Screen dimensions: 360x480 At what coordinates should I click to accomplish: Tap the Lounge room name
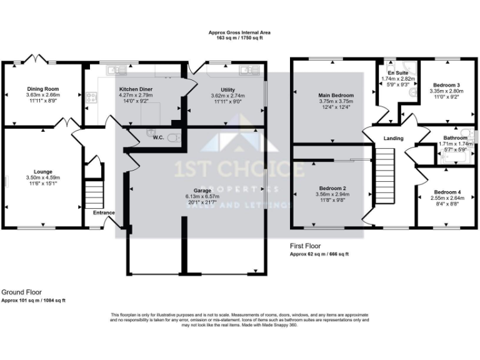[x=43, y=171]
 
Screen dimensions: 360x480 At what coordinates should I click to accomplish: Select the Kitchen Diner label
[x=136, y=89]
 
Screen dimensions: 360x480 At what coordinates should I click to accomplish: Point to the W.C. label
[x=159, y=137]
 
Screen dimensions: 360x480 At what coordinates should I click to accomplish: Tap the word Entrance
[x=104, y=213]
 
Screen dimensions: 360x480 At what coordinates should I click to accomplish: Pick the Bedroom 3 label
[x=445, y=85]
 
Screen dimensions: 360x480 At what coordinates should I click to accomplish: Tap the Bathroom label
[x=455, y=137]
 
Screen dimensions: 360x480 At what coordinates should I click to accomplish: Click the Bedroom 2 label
[x=332, y=188]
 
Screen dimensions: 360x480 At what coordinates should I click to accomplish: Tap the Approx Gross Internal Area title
[x=239, y=32]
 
